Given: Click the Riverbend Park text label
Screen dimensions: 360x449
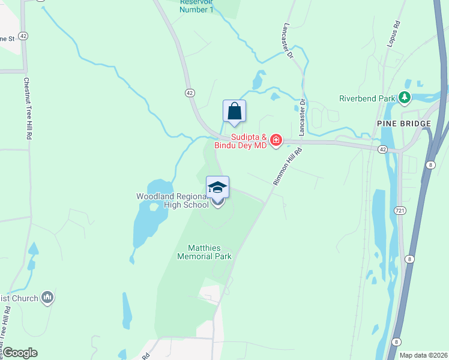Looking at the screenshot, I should [367, 98].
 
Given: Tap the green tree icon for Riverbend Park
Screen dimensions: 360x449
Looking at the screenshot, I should [405, 97].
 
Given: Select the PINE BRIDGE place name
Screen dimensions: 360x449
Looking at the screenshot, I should [404, 124].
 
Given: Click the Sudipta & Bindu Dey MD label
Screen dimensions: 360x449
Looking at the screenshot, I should [240, 142].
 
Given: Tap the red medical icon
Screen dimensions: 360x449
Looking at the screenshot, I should [276, 141].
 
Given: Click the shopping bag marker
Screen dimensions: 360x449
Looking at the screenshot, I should [234, 111].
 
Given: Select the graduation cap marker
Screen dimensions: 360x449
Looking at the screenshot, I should [217, 187].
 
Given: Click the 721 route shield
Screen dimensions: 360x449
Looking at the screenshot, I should [400, 211].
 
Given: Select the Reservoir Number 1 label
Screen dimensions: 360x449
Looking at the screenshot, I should [197, 6].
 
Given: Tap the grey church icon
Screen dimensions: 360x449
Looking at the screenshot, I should [47, 298].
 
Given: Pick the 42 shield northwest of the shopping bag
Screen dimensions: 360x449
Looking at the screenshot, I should [190, 93].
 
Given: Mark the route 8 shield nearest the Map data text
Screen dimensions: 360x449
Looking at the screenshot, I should [396, 341].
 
